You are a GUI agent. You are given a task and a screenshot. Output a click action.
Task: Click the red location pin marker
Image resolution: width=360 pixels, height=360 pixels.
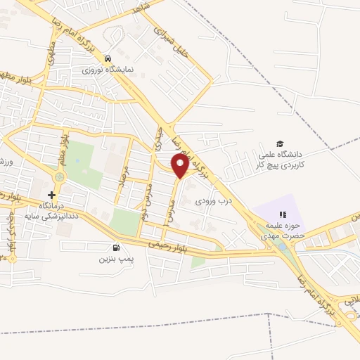pyautogui.click(x=181, y=167)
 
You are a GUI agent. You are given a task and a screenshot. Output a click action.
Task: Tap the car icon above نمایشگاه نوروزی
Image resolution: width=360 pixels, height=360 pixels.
pyautogui.click(x=108, y=59)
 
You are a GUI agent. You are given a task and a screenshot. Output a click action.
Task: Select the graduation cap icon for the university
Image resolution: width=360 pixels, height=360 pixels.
pyautogui.click(x=280, y=143)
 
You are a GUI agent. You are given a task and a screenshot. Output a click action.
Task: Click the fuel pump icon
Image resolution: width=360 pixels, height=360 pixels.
pyautogui.click(x=116, y=247)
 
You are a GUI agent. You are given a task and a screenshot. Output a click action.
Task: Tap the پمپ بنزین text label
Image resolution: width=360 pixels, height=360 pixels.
pyautogui.click(x=115, y=259)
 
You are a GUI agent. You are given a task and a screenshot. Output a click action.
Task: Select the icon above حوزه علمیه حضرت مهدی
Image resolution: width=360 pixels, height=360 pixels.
pyautogui.click(x=283, y=214)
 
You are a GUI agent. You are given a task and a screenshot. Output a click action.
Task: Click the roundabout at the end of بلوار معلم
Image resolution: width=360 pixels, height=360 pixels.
pyautogui.click(x=58, y=177)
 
